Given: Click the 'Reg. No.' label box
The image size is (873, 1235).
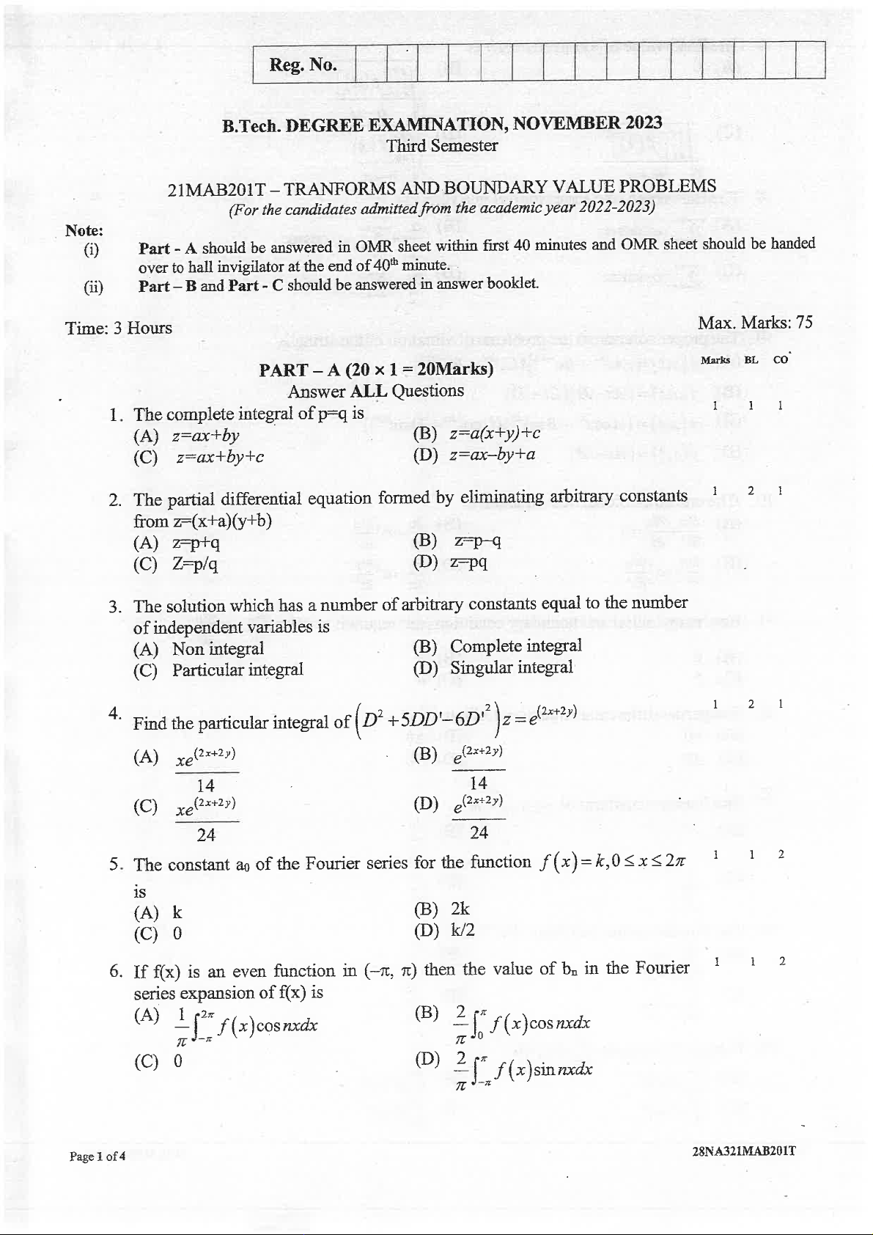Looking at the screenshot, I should pyautogui.click(x=303, y=65).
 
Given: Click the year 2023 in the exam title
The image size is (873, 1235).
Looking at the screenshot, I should pyautogui.click(x=644, y=122).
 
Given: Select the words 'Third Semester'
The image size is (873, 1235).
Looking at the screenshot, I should pyautogui.click(x=442, y=145).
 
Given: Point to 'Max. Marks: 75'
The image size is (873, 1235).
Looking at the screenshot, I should pyautogui.click(x=755, y=323).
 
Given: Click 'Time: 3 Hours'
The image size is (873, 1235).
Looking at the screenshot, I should pyautogui.click(x=119, y=328).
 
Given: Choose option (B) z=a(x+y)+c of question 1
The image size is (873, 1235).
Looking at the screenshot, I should pyautogui.click(x=477, y=433).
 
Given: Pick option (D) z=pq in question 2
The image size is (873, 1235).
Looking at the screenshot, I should pyautogui.click(x=451, y=562).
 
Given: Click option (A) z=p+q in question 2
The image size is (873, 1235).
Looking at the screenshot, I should pyautogui.click(x=177, y=543).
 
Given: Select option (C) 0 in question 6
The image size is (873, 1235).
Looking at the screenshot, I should pyautogui.click(x=158, y=1061).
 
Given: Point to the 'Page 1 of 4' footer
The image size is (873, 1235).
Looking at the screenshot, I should pyautogui.click(x=97, y=1157).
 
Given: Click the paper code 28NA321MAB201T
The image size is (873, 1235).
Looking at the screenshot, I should pyautogui.click(x=743, y=1151).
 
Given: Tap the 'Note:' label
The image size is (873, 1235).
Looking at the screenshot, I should pyautogui.click(x=84, y=230).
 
